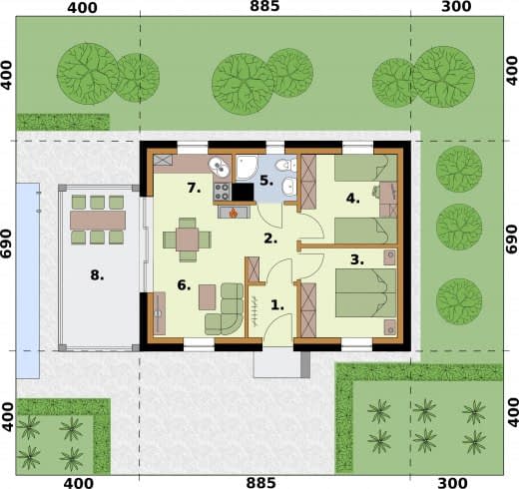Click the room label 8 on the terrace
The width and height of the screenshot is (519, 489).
click(97, 275)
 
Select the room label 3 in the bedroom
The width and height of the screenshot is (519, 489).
click(357, 259)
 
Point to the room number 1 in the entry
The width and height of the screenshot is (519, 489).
click(277, 304)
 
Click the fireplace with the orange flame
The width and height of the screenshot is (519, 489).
click(234, 213)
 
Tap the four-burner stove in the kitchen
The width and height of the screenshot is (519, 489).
click(222, 192)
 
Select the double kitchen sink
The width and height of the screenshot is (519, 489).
click(219, 167)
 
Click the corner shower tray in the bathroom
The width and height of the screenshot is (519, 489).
click(247, 168)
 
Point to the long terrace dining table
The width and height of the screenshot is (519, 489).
click(98, 220)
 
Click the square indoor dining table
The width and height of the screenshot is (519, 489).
click(187, 240)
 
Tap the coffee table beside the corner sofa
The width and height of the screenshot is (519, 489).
click(208, 297)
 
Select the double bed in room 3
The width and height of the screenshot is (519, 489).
click(365, 292)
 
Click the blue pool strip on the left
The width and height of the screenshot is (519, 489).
click(28, 280)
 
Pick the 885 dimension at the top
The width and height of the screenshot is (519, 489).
click(264, 6)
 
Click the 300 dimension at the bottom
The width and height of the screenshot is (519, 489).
click(456, 483)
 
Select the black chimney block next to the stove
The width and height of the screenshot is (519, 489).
click(243, 192)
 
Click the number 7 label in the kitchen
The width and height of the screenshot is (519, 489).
click(194, 188)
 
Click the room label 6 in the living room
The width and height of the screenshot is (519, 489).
click(184, 285)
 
